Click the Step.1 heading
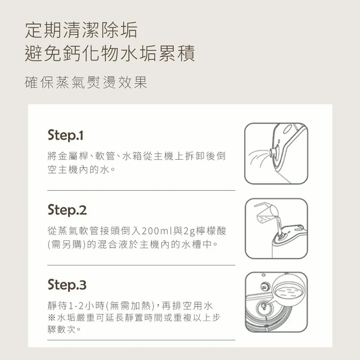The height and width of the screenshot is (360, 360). [65, 135]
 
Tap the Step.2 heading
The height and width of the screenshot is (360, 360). [67, 210]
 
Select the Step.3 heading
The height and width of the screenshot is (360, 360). [67, 285]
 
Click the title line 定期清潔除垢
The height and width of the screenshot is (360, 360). [81, 30]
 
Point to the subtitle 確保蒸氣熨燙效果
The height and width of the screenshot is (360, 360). [86, 82]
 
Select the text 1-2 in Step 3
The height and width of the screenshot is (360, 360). [76, 306]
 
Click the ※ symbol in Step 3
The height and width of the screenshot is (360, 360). [51, 318]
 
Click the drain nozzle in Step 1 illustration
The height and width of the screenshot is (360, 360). [273, 152]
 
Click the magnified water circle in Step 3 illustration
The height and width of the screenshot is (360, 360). [289, 290]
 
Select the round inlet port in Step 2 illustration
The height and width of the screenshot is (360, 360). [280, 237]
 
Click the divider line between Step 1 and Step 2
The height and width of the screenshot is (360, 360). [141, 190]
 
